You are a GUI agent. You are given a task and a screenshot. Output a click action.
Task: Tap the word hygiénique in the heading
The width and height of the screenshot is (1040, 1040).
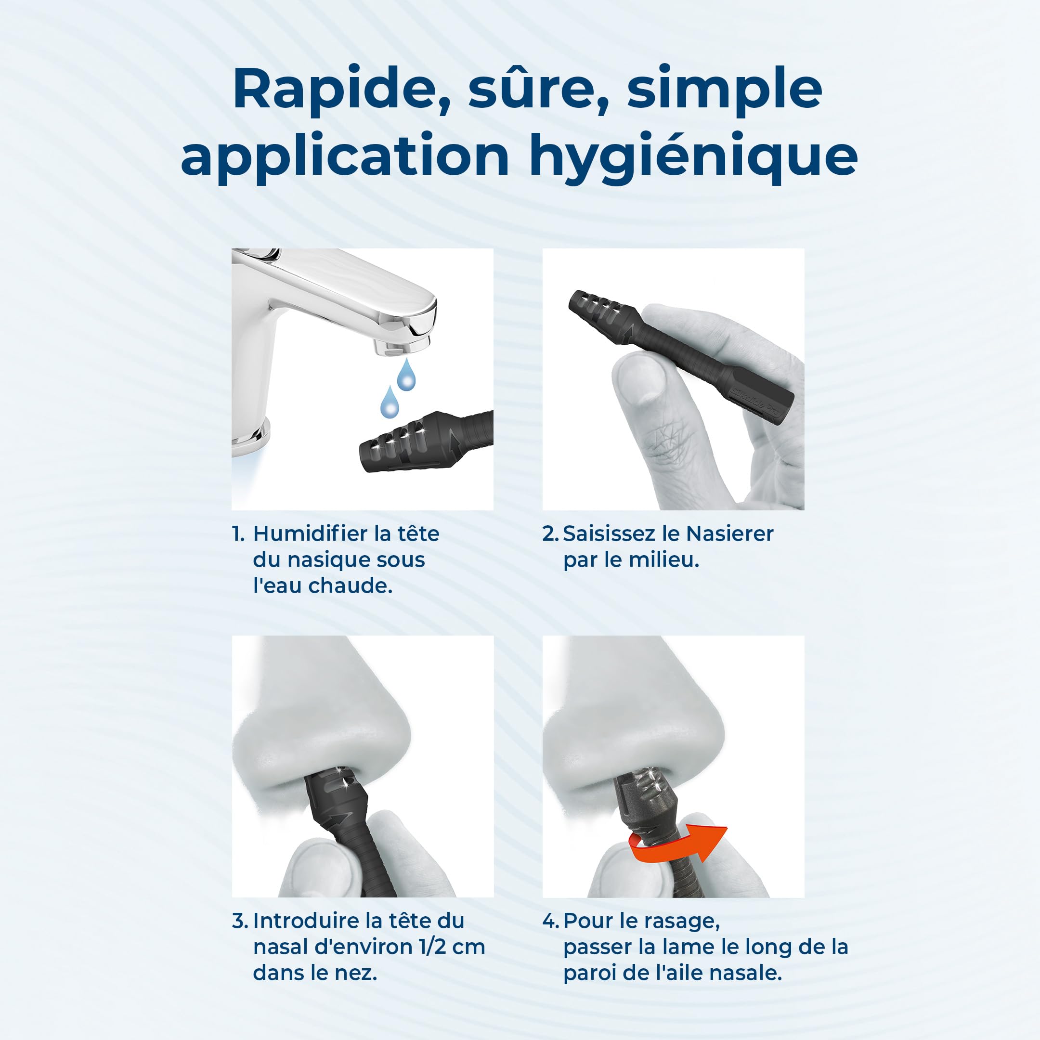pyautogui.click(x=693, y=156)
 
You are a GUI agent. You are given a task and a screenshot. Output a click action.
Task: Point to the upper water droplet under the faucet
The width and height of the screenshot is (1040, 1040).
pyautogui.click(x=406, y=375)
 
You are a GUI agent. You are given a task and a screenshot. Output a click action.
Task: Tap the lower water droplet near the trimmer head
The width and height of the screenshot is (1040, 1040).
pyautogui.click(x=389, y=402)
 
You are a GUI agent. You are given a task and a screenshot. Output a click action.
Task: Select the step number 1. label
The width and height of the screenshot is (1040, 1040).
pyautogui.click(x=238, y=534)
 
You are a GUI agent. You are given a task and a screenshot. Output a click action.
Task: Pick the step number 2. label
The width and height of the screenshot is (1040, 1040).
pyautogui.click(x=551, y=534)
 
